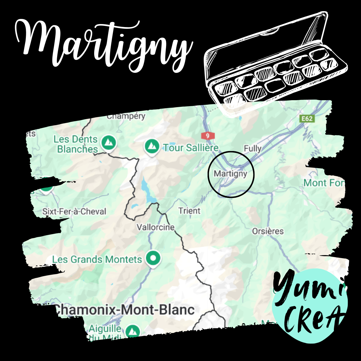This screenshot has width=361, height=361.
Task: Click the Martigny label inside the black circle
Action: click(x=230, y=174)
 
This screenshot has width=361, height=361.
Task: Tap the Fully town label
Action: click(x=252, y=148)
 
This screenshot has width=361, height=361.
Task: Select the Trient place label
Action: click(x=189, y=211)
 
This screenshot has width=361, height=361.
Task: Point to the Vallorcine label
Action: click(x=156, y=227)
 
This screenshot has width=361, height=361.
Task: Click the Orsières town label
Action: click(x=268, y=231)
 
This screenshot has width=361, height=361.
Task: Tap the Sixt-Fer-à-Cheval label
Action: click(x=74, y=211)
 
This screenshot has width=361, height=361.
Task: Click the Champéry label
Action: click(x=126, y=116)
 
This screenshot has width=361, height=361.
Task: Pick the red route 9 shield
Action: click(x=208, y=136)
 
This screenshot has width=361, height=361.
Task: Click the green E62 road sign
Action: click(x=307, y=119)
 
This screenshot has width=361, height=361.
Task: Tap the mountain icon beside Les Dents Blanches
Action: click(x=108, y=143)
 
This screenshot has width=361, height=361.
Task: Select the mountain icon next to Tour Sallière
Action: click(x=152, y=147)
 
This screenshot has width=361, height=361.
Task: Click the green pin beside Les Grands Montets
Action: click(x=153, y=258)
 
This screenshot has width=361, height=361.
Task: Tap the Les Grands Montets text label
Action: click(x=97, y=259)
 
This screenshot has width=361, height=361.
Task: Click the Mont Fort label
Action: click(x=323, y=183)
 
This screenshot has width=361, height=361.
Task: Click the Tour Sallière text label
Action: click(x=191, y=147)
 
